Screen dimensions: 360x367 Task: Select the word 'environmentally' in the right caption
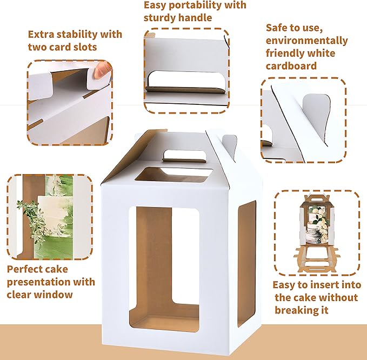[x=307, y=41]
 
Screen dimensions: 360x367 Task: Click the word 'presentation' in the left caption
[x=64, y=282]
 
